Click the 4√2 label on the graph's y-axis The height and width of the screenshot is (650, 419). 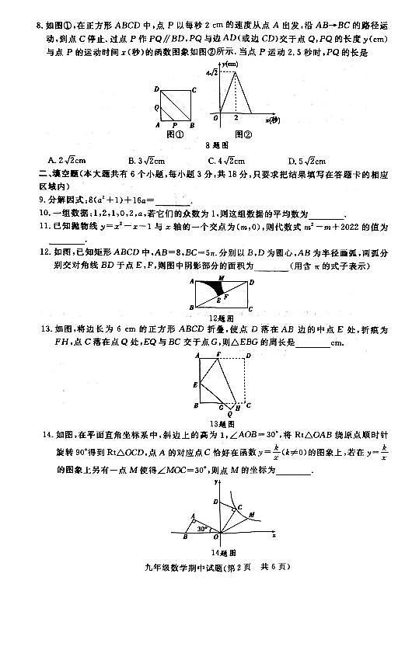pyautogui.click(x=211, y=73)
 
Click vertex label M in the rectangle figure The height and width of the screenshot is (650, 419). pyautogui.click(x=222, y=277)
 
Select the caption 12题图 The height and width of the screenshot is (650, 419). pyautogui.click(x=222, y=318)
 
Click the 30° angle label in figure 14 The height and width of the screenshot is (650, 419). pyautogui.click(x=203, y=527)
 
